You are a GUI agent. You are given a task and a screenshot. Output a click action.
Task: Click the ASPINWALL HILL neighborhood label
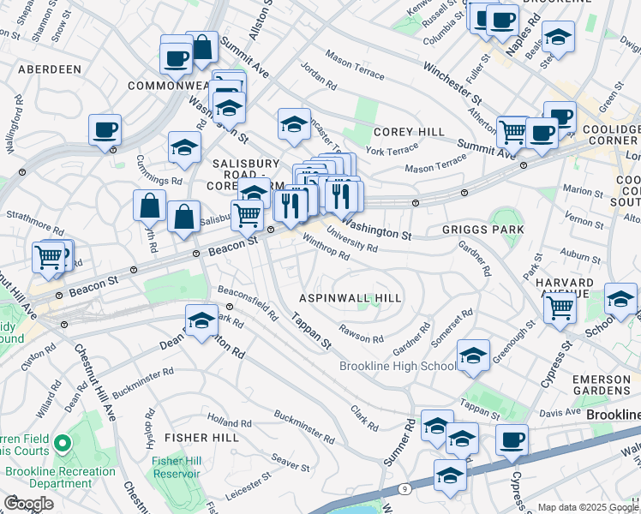coord(350,297)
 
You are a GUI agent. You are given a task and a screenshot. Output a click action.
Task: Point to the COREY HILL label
coord(409,132)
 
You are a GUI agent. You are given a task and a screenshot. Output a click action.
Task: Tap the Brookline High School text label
coord(398,366)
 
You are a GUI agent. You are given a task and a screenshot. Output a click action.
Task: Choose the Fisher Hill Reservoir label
coord(176,467)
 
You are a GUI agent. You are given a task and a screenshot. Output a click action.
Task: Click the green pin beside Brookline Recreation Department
coord(61,445)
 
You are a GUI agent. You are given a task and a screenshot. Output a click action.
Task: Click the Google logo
coord(28,504)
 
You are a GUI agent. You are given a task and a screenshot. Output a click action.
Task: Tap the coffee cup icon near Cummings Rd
coord(105,130)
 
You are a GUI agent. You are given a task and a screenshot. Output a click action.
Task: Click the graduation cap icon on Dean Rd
coord(201,320)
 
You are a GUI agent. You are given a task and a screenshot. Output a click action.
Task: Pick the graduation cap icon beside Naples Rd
coord(558,37)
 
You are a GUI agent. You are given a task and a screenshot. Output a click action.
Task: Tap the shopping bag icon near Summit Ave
coord(202,49)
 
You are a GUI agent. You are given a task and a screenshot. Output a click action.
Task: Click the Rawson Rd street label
coord(361,337)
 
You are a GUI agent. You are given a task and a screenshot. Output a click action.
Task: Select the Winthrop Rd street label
coord(326,249)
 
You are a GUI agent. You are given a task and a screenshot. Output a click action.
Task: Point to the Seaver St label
coord(290,463)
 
